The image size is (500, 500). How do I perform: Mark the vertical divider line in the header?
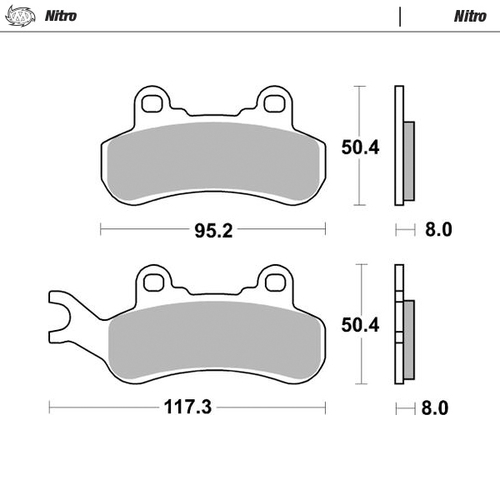coord(400,17)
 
